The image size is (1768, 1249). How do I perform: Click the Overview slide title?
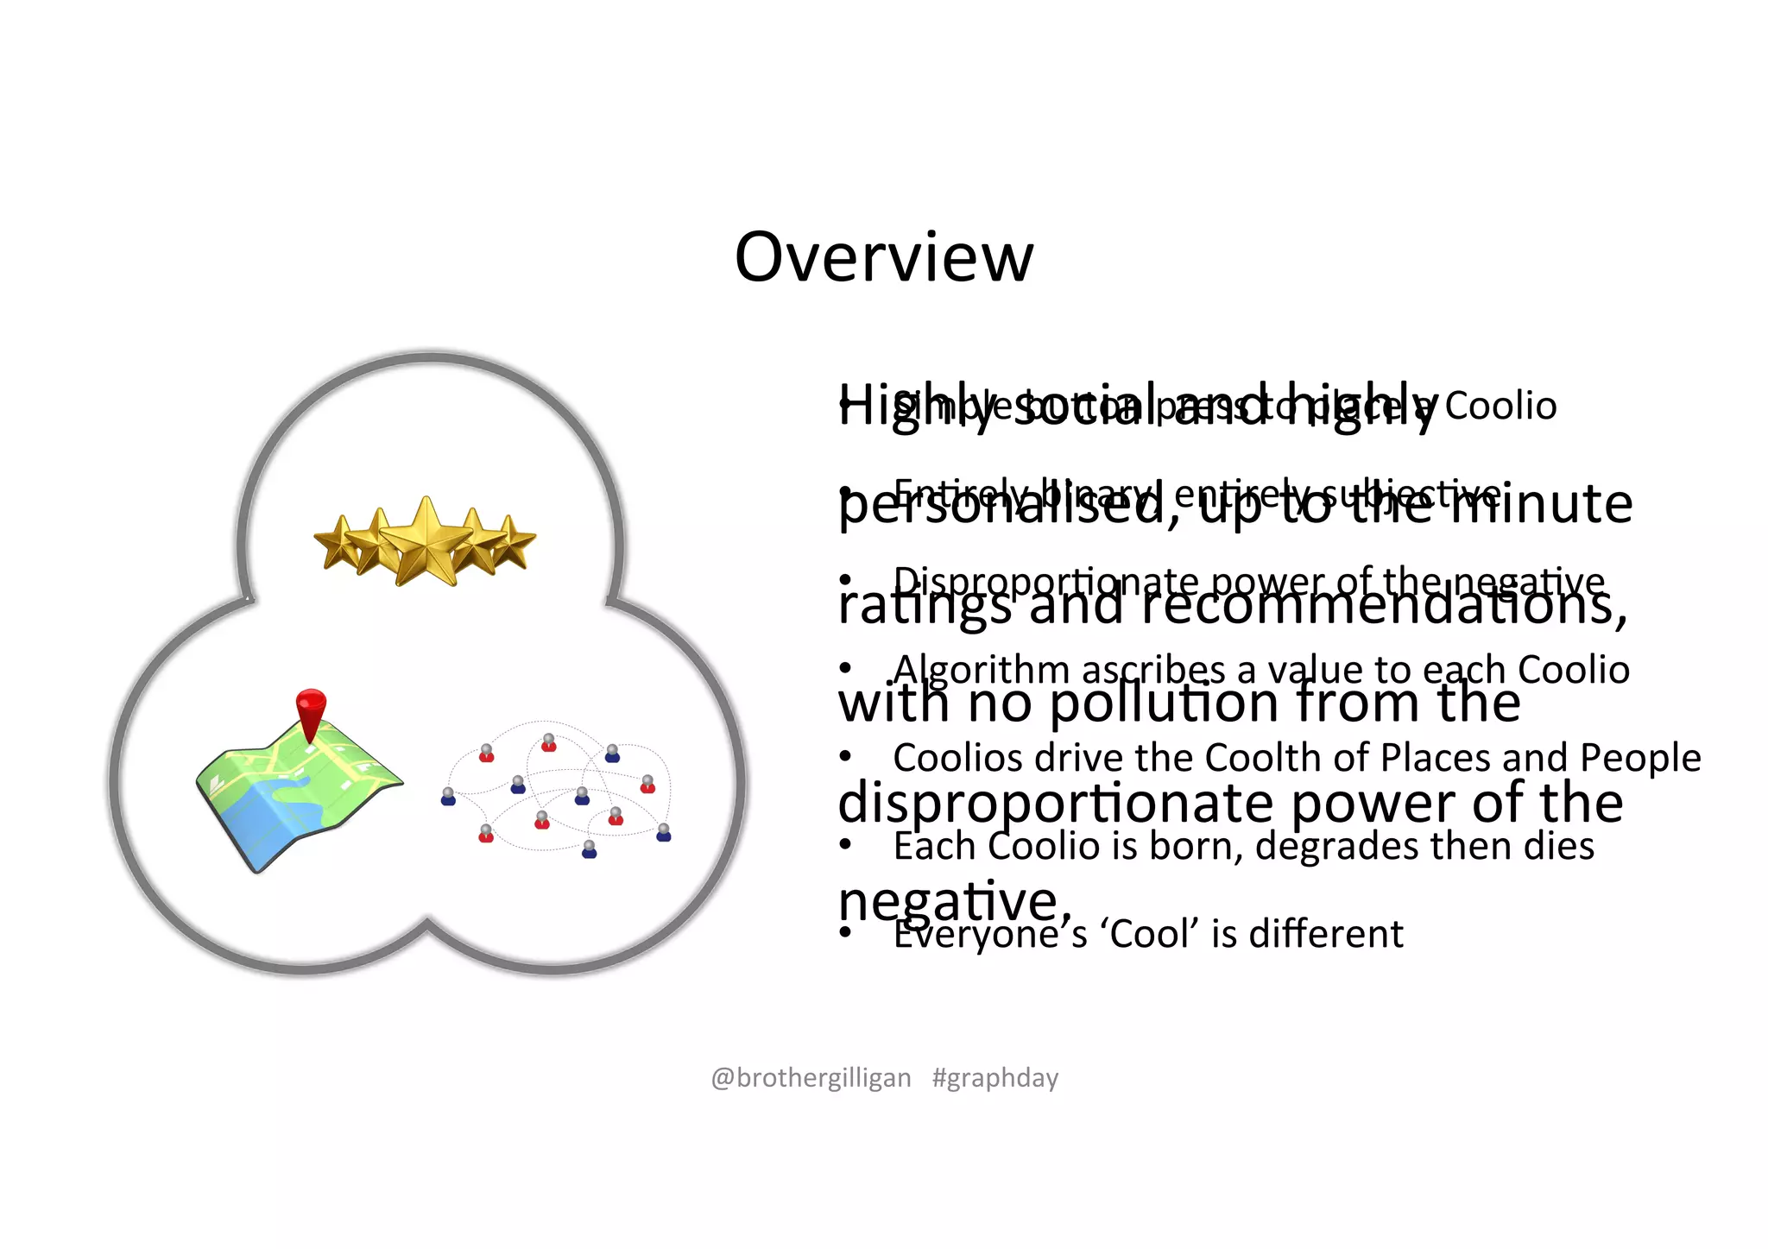(883, 257)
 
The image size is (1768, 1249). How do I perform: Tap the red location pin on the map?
(311, 709)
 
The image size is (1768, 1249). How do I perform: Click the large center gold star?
(426, 539)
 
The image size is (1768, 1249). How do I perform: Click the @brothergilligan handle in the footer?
(811, 1078)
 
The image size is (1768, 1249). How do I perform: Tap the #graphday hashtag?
(994, 1078)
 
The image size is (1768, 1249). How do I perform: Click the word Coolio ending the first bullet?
(1500, 406)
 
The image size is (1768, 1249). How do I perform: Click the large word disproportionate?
(1052, 803)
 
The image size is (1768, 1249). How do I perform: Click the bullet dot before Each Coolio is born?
(846, 846)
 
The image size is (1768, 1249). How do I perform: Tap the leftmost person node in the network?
(448, 797)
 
